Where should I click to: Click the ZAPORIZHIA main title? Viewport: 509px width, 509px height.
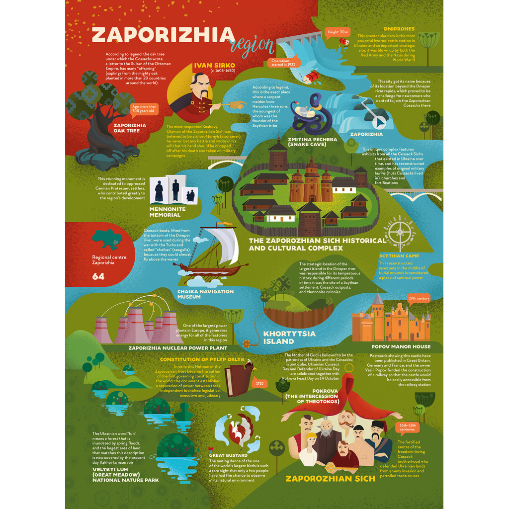coord(163,36)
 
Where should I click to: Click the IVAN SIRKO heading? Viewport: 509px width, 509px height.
coord(214,65)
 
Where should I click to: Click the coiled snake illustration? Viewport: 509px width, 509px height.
coord(311,115)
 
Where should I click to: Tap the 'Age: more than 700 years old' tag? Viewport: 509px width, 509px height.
coord(144,108)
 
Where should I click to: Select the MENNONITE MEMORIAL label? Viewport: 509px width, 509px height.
coord(168,212)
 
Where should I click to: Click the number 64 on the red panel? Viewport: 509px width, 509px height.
coord(98,276)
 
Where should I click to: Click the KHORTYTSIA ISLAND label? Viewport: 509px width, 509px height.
coord(286,337)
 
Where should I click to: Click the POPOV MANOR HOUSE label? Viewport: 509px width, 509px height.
coord(401,346)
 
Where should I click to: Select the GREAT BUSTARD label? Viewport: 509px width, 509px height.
coord(228,455)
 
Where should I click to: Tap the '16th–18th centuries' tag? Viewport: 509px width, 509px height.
coord(409,427)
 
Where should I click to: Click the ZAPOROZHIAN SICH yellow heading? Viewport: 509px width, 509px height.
coord(330,479)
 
